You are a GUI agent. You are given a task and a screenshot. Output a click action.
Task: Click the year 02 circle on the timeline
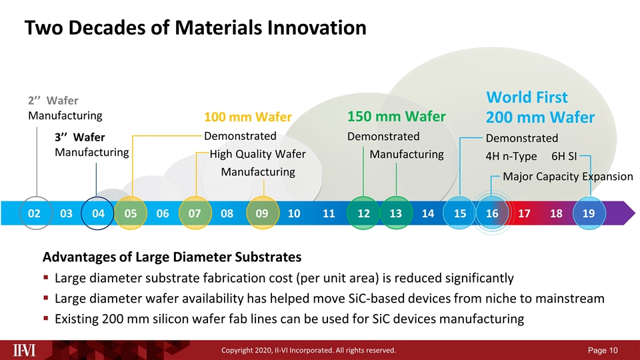coord(34,213)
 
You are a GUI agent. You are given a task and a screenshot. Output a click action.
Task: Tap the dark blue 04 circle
coord(98,213)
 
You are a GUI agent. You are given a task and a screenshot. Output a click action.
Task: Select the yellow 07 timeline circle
coord(195,213)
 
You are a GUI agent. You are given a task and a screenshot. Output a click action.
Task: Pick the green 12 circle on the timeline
coord(363,213)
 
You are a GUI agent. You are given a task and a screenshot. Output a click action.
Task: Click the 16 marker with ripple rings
coord(492,213)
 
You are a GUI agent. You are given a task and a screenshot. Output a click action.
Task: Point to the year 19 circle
coord(589,213)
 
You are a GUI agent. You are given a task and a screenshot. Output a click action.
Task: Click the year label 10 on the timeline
coord(294,213)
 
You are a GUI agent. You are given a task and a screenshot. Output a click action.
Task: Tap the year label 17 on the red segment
coord(524,213)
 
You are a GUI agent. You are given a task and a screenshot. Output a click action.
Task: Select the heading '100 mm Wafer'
coord(247,118)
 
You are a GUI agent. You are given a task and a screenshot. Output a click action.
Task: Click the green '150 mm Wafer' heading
coord(396,117)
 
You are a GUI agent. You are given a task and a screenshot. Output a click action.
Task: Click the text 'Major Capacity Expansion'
coord(567,177)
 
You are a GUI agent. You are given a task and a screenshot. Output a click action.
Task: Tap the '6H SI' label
coord(564,156)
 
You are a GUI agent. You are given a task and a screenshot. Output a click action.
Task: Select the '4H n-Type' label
coord(511,156)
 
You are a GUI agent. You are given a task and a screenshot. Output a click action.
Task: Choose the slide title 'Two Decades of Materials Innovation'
coord(195,28)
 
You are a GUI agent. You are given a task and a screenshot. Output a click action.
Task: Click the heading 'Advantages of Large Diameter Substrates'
coord(172,257)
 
